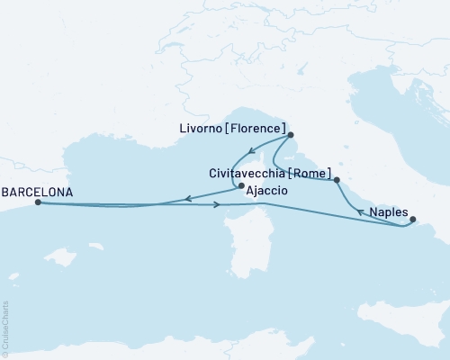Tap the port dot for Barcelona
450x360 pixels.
pos(37,202)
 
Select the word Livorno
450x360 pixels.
pos(204,129)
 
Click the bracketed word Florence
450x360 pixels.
pos(259,129)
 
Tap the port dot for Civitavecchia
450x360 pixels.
pos(337,181)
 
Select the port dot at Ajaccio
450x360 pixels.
pos(239,187)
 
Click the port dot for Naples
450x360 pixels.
pos(412,219)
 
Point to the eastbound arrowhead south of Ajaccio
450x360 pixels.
pos(219,206)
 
